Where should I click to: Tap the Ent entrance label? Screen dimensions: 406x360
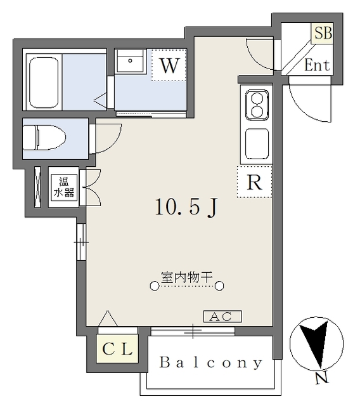point(317,65)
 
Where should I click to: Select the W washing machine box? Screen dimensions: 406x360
point(169,65)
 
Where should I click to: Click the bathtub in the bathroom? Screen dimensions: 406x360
point(42,83)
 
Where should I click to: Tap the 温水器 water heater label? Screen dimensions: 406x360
point(63,187)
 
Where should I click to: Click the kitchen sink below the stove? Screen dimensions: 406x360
point(257,144)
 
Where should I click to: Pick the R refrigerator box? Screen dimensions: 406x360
point(254,182)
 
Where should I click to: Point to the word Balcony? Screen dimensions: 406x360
point(210,363)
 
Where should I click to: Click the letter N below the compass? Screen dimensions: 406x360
point(322,380)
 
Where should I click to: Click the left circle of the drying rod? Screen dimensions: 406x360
point(154,287)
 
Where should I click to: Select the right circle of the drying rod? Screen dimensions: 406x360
point(219,287)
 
